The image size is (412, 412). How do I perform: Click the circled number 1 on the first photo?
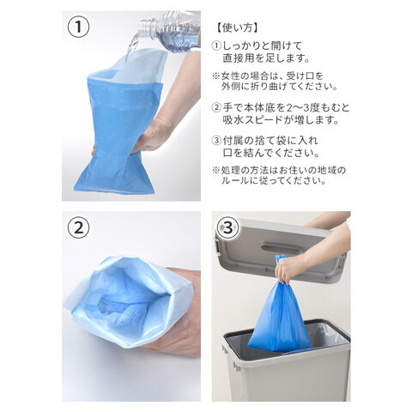click(78, 27)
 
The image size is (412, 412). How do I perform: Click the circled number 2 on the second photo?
click(78, 228)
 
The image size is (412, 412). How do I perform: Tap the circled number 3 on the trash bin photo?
click(228, 228)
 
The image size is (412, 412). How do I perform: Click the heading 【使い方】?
click(237, 27)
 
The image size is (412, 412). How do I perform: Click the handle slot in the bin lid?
click(277, 246)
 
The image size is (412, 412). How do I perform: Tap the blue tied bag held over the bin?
click(279, 315)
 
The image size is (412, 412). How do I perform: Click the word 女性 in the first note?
click(230, 76)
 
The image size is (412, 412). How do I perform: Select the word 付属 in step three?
click(233, 141)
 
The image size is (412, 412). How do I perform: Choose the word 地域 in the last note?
click(328, 171)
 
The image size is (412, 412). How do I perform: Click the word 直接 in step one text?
click(233, 58)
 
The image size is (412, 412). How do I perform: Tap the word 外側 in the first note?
click(230, 87)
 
